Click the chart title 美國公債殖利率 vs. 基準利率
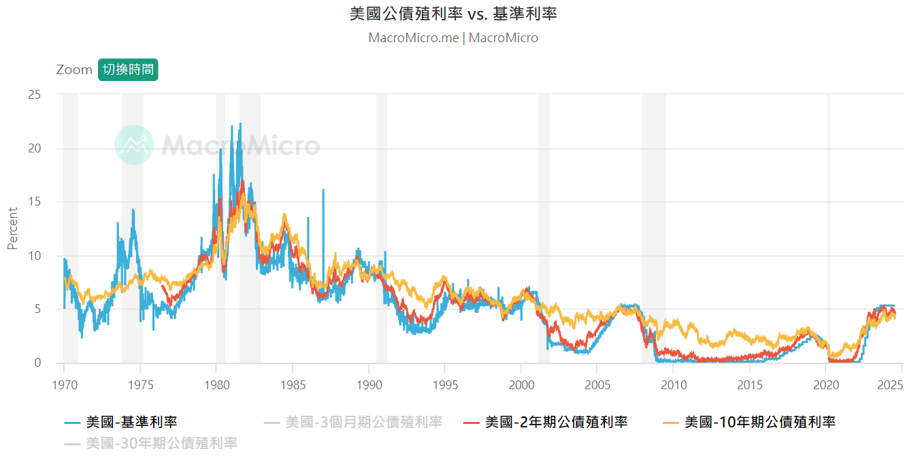coord(453,14)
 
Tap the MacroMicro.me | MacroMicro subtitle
coord(453,38)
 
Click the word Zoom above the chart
coord(74,69)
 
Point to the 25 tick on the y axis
coord(34,95)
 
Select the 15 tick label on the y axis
coord(34,202)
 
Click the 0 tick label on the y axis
coord(38,363)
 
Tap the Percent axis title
coord(12,229)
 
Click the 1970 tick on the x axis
coord(63,384)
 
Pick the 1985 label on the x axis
coord(292,384)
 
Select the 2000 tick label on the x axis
coord(521,384)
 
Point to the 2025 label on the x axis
coord(889,384)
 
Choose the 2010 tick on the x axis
coord(673,384)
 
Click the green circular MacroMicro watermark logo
coord(134,144)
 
